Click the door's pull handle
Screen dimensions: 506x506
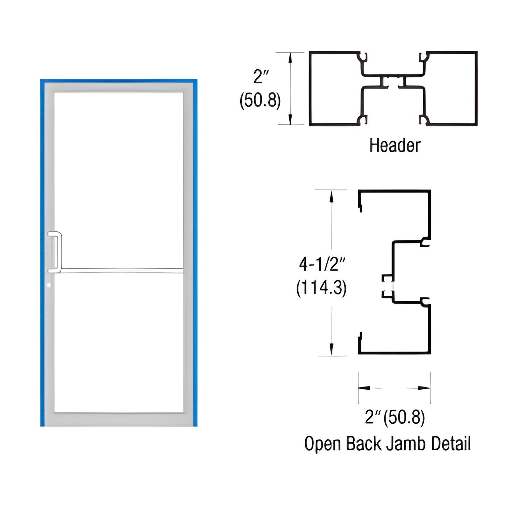point(55,252)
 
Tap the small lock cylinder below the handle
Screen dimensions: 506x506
point(49,285)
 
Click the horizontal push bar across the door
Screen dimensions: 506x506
point(121,270)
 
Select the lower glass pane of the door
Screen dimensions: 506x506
point(119,343)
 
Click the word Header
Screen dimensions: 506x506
point(395,145)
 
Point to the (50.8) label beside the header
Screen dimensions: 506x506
point(260,101)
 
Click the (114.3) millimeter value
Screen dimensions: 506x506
point(321,289)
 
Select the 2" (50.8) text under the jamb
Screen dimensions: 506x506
point(395,417)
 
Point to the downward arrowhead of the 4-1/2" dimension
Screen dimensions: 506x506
point(331,349)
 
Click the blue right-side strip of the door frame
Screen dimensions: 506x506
point(195,252)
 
